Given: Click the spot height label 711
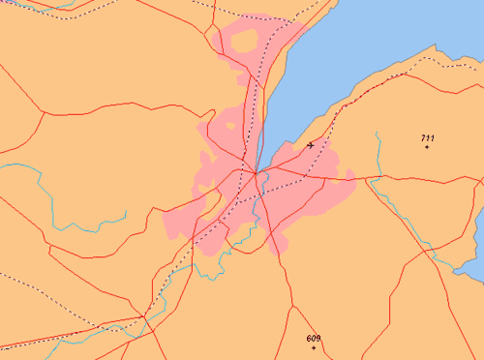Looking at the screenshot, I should pos(427,138).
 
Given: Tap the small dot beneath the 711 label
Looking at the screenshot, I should pos(427,147).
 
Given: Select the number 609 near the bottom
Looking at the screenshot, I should pos(313,338).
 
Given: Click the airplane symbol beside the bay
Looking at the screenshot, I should pos(310,145).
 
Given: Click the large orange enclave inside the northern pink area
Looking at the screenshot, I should pos(242,42).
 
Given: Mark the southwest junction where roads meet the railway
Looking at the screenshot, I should pos(144,315).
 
